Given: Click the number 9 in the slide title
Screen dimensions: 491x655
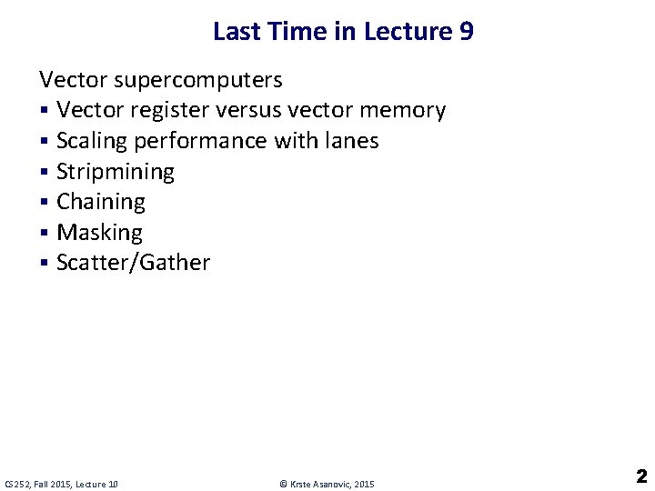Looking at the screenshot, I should pyautogui.click(x=465, y=32).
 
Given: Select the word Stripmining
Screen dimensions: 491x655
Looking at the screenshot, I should pyautogui.click(x=115, y=172).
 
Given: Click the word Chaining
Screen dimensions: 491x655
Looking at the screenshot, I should pyautogui.click(x=100, y=202).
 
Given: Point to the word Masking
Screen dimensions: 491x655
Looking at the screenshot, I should pyautogui.click(x=99, y=233).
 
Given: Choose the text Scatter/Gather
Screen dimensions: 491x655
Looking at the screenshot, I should pyautogui.click(x=133, y=263).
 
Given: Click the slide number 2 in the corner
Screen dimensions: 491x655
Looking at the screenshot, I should pyautogui.click(x=640, y=476).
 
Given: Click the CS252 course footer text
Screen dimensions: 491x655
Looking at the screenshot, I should pyautogui.click(x=62, y=484).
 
